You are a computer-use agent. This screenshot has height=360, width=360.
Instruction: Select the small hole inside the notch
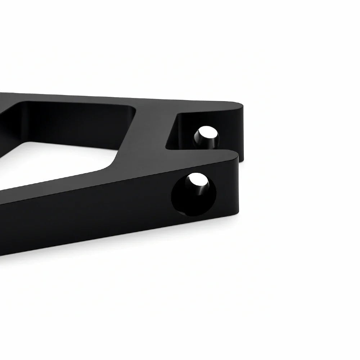(206, 137)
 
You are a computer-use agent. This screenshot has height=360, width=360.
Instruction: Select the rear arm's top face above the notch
(202, 104)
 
